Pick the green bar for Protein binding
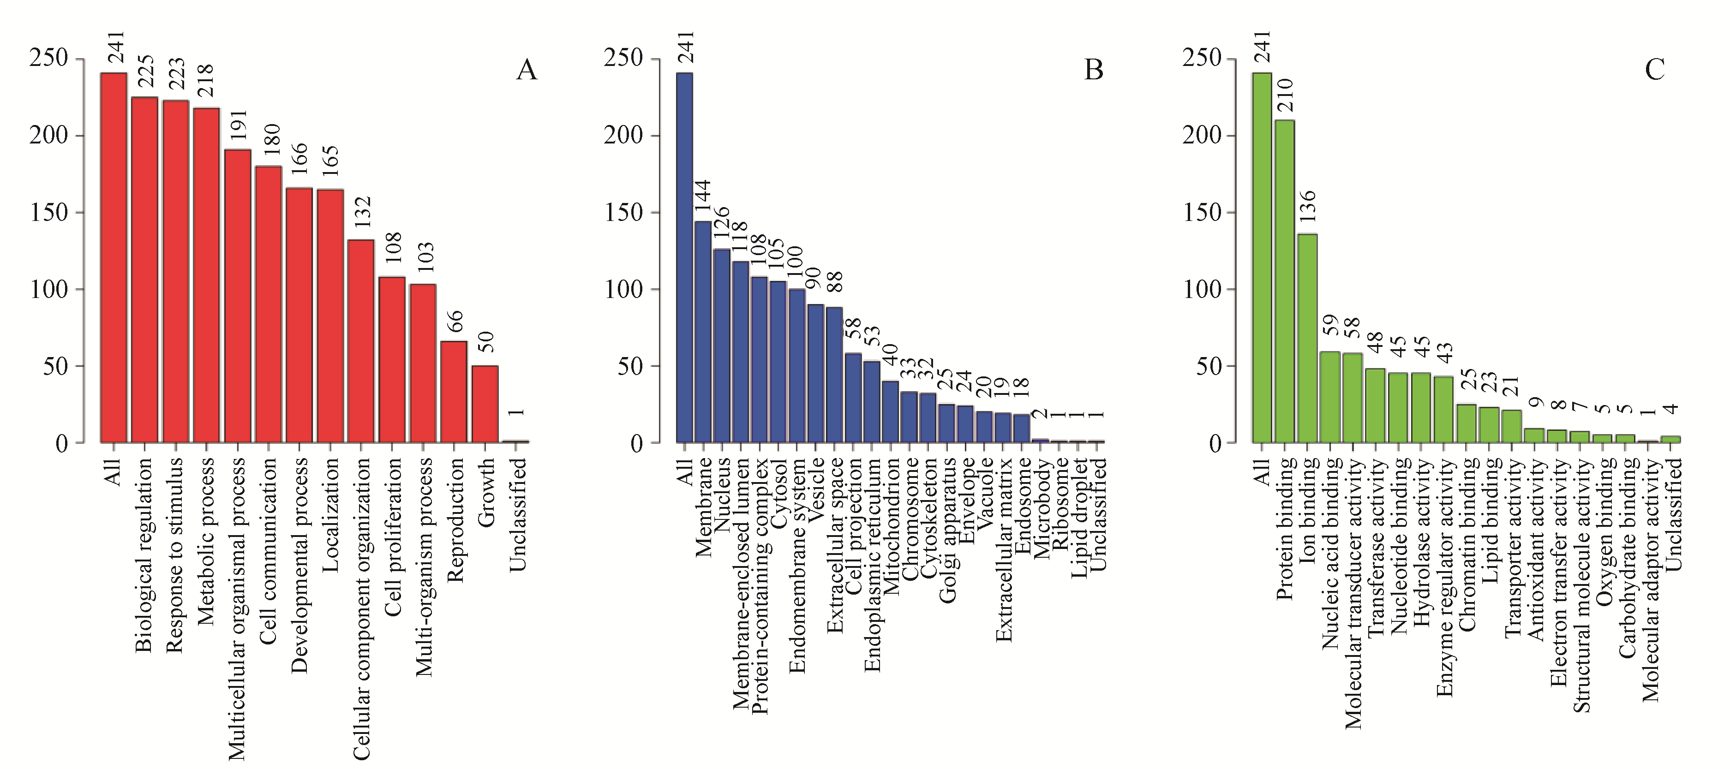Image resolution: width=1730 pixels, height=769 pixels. click(x=1285, y=281)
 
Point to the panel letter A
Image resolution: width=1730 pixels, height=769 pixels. click(x=527, y=70)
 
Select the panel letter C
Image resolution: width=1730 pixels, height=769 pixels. click(x=1654, y=70)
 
